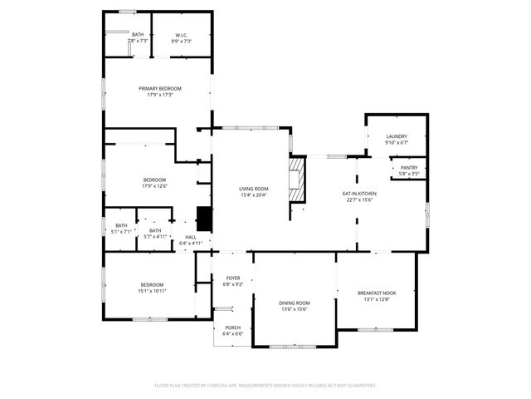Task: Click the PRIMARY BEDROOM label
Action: [x=159, y=89]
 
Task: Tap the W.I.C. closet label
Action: [x=182, y=35]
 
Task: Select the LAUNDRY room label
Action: [x=396, y=136]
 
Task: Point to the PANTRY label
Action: [x=409, y=167]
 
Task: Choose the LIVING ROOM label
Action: [x=254, y=189]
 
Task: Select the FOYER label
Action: [x=233, y=278]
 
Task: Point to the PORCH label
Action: [x=233, y=328]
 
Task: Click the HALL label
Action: [x=191, y=238]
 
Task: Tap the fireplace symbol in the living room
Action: [x=296, y=179]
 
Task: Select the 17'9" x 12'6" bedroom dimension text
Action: [x=154, y=186]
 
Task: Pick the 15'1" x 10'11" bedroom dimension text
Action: [x=152, y=291]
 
